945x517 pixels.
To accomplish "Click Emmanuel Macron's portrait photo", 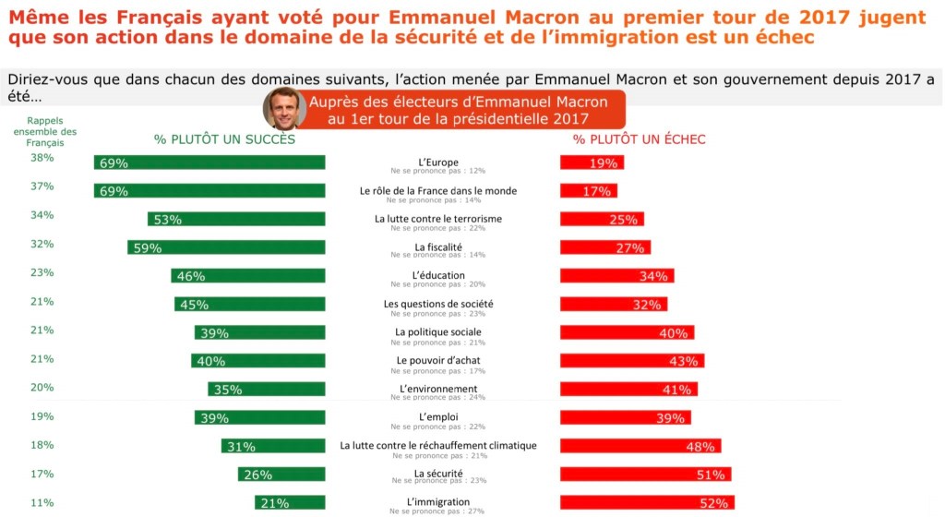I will [x=284, y=109].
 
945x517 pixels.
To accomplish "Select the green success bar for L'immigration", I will [x=290, y=503].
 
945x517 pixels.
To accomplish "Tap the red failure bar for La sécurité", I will [x=645, y=475].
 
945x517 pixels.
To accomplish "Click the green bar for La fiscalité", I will [x=226, y=247].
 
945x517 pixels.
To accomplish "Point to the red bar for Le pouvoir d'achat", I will [x=632, y=360].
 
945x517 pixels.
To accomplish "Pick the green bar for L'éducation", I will [x=248, y=276].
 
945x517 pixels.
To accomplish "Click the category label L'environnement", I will [x=438, y=389].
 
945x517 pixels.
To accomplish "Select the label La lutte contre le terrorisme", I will [x=438, y=219].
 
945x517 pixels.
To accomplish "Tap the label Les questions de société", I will [x=438, y=304].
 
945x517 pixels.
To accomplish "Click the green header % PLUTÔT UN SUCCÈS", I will [x=224, y=139].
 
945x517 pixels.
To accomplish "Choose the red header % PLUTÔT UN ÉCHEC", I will [x=639, y=139].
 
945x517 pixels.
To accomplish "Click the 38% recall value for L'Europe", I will [x=42, y=158].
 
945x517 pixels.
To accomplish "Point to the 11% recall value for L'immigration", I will [x=42, y=503].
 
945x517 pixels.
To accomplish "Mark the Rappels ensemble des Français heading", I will [x=52, y=132].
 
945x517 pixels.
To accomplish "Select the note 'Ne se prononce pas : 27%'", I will [x=437, y=511].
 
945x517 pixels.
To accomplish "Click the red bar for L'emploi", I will [x=626, y=417].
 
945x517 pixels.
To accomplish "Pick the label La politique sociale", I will [x=438, y=331].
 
